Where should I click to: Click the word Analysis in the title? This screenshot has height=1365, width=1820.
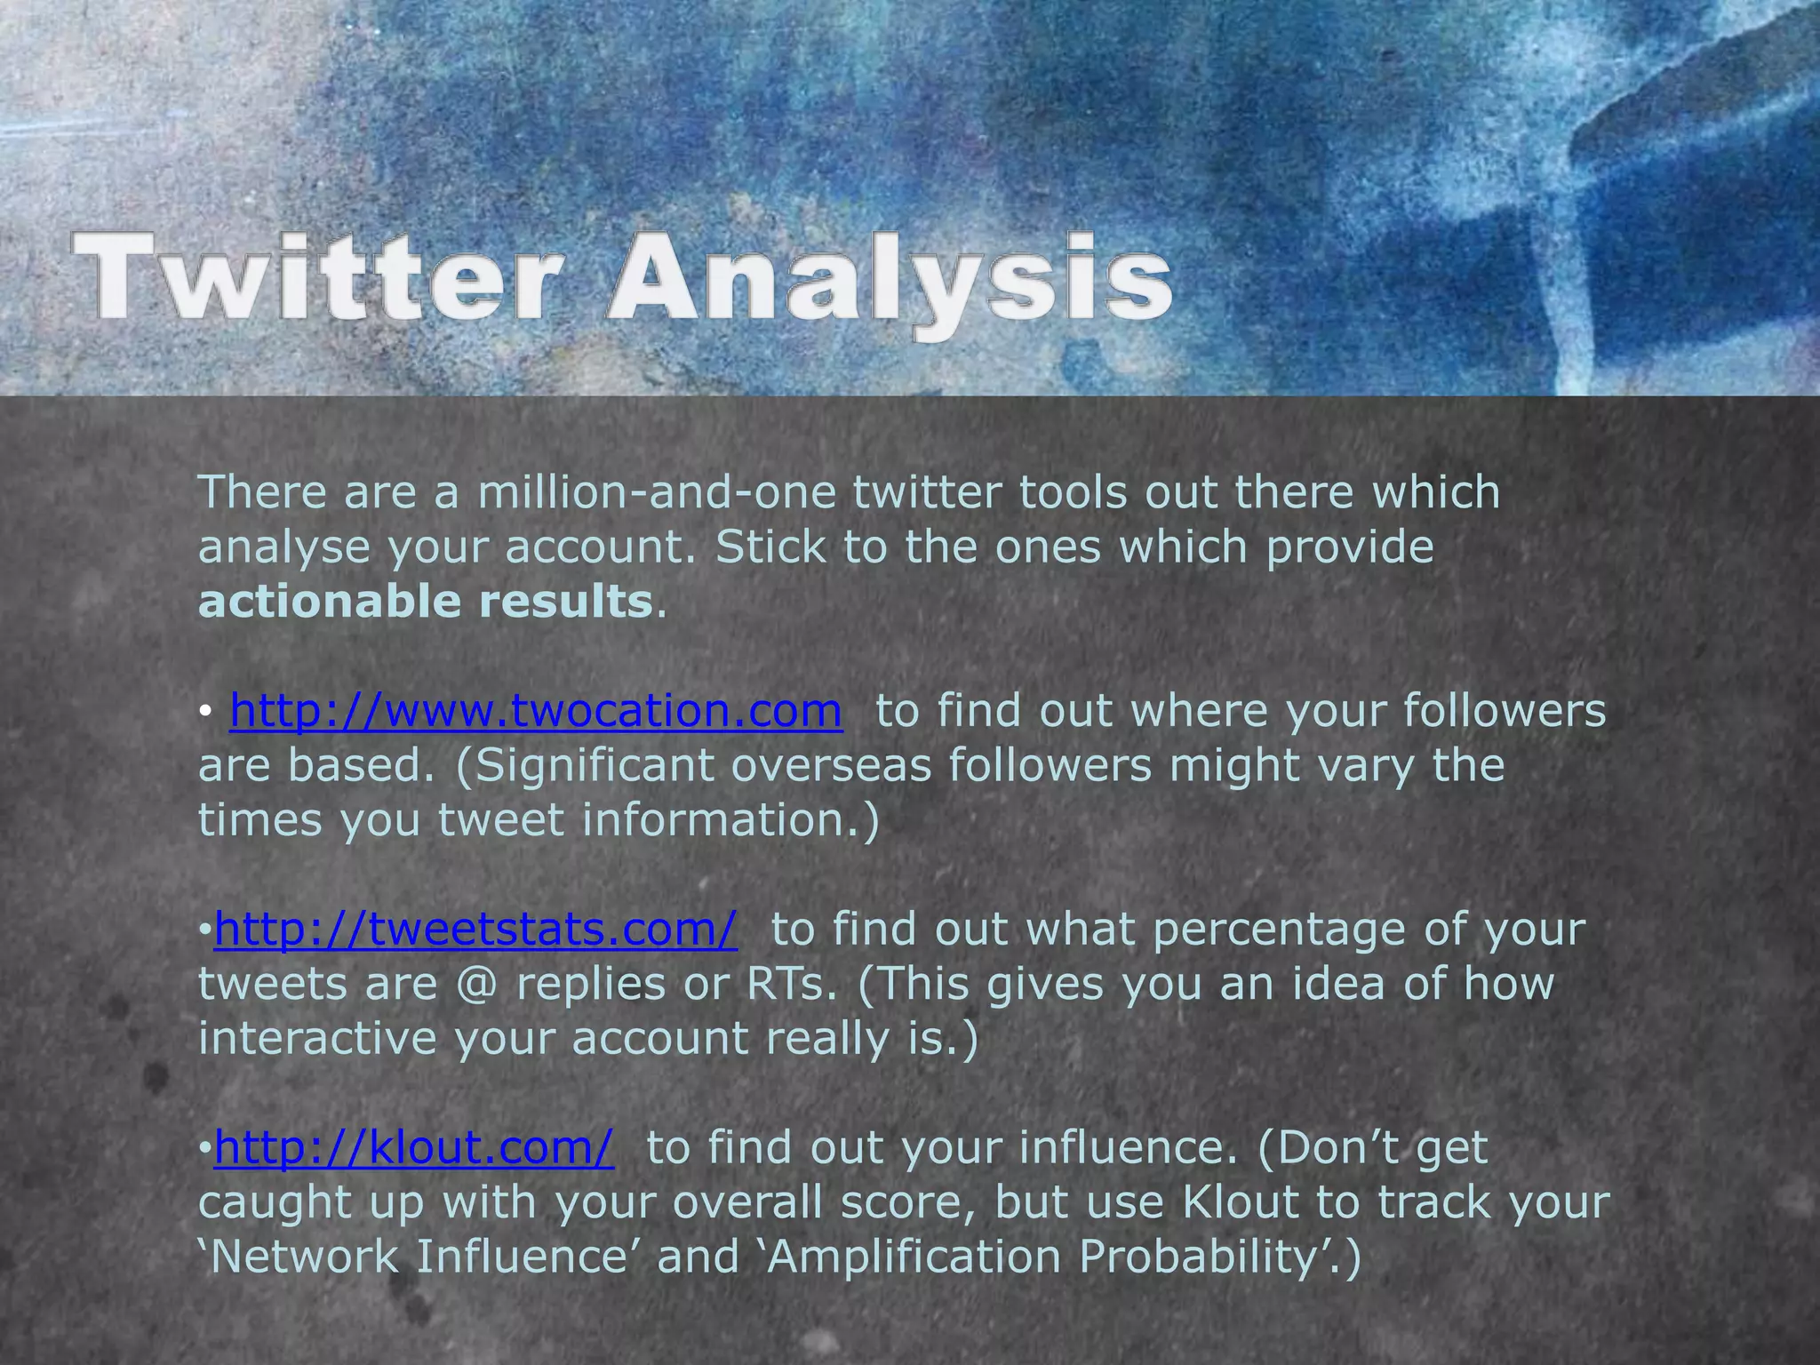point(889,279)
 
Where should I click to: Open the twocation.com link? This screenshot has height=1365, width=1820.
point(536,711)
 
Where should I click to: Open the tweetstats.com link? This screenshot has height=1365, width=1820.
point(475,930)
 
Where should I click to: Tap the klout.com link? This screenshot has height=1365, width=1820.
point(413,1148)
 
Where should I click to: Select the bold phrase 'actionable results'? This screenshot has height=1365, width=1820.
point(426,602)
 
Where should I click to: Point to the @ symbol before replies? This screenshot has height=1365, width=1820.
point(477,985)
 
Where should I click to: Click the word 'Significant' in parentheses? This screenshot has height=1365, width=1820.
point(594,766)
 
